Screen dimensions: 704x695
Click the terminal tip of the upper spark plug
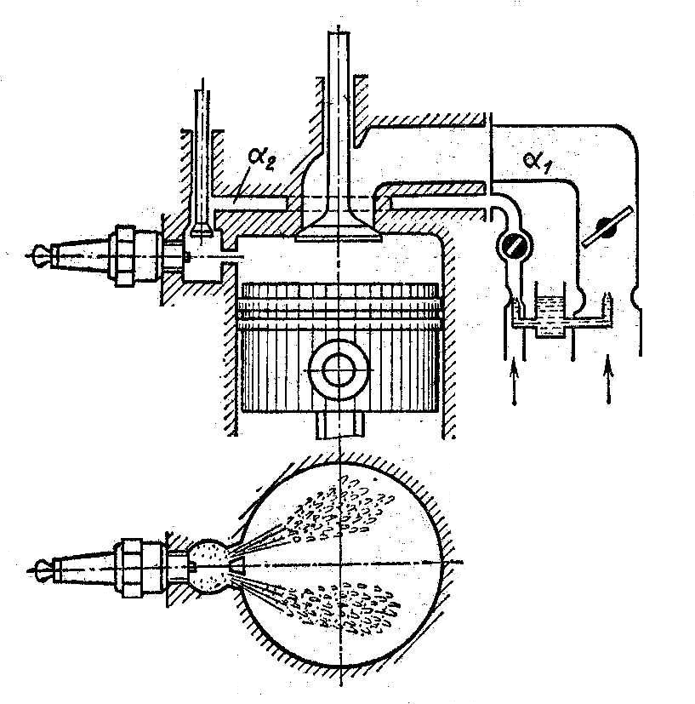(x=39, y=253)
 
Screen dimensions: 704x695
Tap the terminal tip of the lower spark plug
(x=39, y=565)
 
